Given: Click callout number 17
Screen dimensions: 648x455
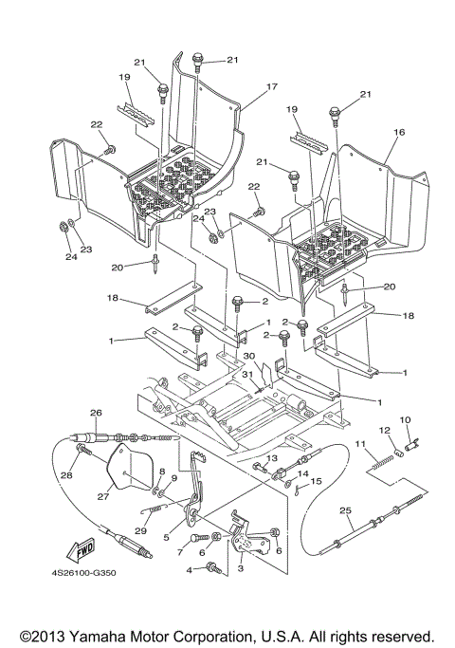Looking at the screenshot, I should (x=271, y=86).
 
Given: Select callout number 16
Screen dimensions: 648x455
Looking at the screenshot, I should (x=399, y=134).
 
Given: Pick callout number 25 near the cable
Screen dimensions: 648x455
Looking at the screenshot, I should (x=345, y=513).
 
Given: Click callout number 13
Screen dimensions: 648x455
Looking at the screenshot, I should (x=271, y=458).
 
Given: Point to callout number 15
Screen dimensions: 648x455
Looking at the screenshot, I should (x=317, y=481).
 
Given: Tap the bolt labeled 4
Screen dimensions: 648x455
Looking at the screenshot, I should (x=213, y=568).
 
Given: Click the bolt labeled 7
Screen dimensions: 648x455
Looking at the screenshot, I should (x=200, y=538).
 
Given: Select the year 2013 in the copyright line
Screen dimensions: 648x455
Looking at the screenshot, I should (x=46, y=635).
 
